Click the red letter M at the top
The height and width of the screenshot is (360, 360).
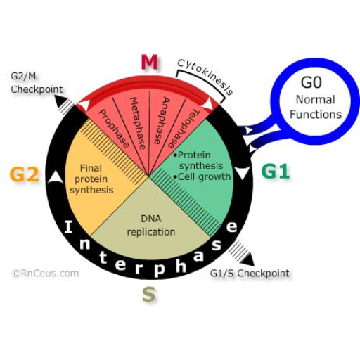(149, 63)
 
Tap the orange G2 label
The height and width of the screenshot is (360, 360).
(24, 174)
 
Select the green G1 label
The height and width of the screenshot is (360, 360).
(276, 171)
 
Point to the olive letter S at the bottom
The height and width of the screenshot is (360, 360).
(149, 295)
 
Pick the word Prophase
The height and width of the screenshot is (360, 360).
(114, 129)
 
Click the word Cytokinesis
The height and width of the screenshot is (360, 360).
(205, 75)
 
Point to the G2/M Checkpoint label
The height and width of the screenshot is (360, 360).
(37, 83)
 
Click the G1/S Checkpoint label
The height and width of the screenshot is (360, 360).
(250, 274)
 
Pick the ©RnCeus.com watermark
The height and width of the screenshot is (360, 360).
(45, 274)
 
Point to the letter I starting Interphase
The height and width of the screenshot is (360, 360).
(68, 226)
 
